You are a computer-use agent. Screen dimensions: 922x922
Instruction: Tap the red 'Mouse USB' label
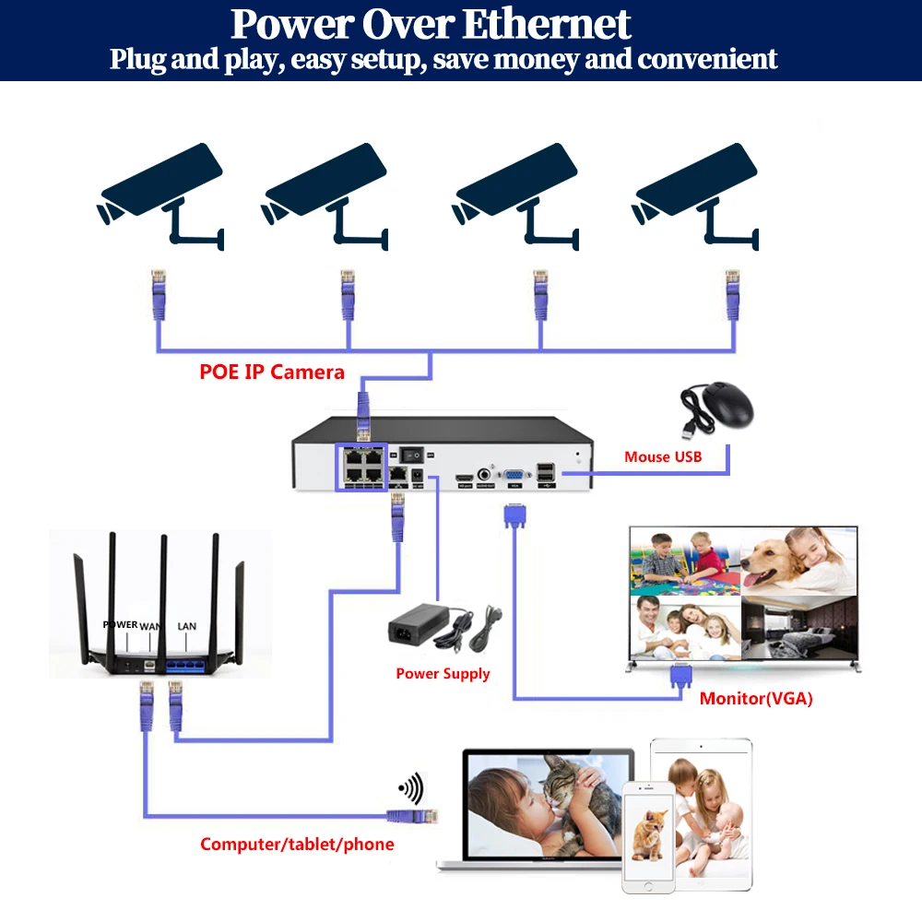click(662, 456)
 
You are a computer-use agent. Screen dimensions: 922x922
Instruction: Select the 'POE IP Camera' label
click(272, 372)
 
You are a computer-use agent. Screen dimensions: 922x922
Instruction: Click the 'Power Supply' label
click(443, 673)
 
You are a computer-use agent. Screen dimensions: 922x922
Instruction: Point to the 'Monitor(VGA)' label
click(755, 698)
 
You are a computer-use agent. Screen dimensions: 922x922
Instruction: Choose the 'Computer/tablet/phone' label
click(297, 844)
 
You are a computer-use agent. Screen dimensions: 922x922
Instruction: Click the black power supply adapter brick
click(420, 629)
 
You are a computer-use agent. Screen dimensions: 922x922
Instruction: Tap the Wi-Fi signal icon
click(410, 788)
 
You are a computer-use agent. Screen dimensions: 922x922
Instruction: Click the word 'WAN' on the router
click(149, 626)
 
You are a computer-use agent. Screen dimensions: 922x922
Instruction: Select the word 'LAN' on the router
click(186, 626)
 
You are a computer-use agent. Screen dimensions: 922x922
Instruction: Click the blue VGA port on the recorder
click(515, 477)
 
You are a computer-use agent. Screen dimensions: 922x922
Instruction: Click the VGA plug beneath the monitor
click(681, 679)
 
